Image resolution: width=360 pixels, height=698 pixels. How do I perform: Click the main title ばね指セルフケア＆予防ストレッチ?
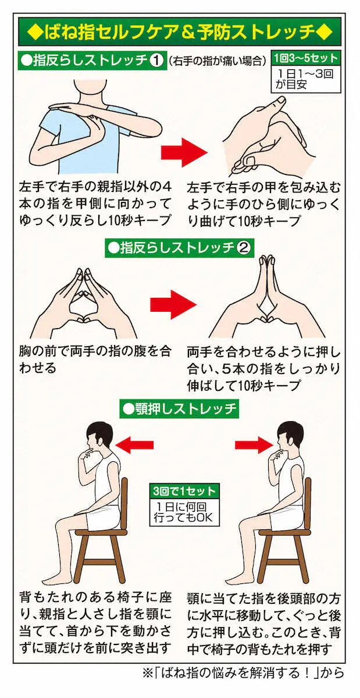180,33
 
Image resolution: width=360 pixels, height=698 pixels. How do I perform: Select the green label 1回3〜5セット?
306,58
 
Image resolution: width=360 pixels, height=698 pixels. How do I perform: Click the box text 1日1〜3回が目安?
304,79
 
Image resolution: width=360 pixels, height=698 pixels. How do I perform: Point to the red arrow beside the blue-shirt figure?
184,152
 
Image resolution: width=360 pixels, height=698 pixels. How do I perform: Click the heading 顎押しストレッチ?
180,409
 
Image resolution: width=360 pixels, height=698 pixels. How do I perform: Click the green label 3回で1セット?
184,491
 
